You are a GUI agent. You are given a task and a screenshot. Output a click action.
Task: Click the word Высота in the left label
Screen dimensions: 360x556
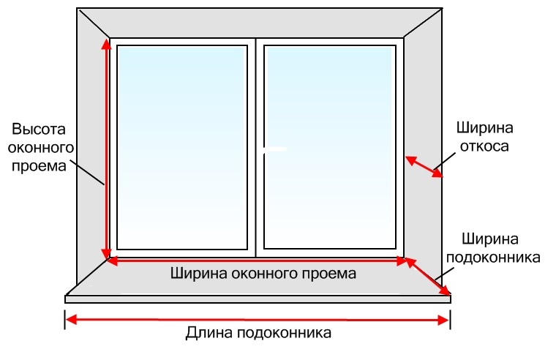point(39,129)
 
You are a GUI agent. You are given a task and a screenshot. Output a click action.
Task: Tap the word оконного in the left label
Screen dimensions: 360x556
point(39,147)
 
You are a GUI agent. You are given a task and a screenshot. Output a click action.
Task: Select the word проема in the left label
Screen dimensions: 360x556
point(39,165)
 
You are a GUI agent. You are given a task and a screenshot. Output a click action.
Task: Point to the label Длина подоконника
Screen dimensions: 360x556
point(258,333)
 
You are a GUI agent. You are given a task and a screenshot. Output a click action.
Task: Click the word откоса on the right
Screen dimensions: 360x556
point(484,146)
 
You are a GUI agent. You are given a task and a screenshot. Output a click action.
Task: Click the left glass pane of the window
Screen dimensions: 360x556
point(181,146)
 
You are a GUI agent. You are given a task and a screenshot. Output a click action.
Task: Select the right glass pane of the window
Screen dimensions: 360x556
point(330,146)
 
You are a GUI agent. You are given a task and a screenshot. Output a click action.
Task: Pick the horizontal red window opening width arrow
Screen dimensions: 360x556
point(256,260)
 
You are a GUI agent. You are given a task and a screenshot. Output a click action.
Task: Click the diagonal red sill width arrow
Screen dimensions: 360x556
point(429,277)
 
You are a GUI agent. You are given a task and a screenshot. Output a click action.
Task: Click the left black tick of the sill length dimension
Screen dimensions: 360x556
point(66,319)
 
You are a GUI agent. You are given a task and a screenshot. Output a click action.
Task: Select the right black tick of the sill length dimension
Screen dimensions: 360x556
point(449,319)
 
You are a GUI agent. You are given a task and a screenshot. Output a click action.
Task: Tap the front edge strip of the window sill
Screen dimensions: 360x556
point(257,299)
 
